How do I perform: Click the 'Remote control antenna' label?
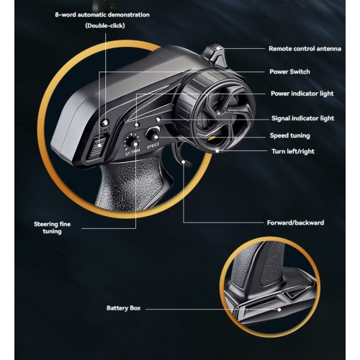click(x=305, y=49)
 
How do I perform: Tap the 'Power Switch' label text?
click(x=289, y=71)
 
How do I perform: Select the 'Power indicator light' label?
click(x=302, y=94)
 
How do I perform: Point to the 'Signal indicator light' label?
click(x=302, y=118)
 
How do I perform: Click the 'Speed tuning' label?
click(x=290, y=135)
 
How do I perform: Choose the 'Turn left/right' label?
click(x=293, y=151)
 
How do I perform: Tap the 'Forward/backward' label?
click(x=295, y=222)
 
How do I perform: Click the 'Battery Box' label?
click(x=123, y=308)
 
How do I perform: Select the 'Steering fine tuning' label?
click(x=52, y=228)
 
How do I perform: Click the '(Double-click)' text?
click(x=105, y=26)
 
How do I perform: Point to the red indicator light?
click(x=137, y=125)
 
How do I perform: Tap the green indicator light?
click(x=158, y=119)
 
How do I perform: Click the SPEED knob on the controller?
click(x=153, y=135)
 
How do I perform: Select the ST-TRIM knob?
click(x=132, y=142)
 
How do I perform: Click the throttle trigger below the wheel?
click(x=181, y=155)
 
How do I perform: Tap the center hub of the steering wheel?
click(x=225, y=117)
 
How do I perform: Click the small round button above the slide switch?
click(x=105, y=123)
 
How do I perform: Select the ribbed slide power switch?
click(x=98, y=147)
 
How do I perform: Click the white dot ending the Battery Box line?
click(x=279, y=310)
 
